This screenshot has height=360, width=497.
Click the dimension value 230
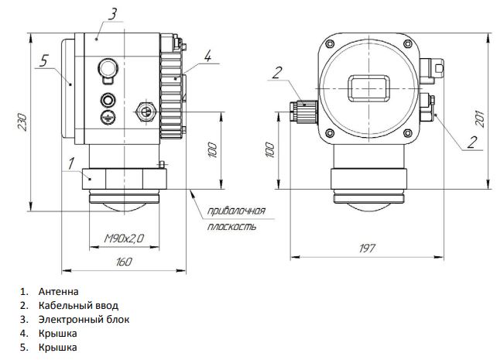22,122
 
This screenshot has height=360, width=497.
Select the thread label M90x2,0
124,238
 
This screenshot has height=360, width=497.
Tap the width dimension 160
124,262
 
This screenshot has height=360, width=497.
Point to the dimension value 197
367,249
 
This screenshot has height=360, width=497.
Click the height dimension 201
480,118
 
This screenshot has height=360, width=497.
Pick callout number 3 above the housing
112,14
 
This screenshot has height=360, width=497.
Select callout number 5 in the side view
44,60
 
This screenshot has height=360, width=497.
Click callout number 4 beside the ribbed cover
207,56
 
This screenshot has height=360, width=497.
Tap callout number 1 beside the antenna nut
71,163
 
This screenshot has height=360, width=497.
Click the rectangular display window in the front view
368,88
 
